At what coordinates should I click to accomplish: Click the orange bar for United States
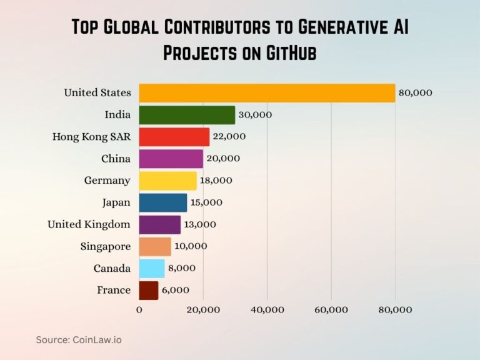point(267,93)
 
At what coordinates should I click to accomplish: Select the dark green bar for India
point(187,115)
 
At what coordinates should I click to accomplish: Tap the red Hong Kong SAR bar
point(174,137)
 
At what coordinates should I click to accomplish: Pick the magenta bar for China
point(171,159)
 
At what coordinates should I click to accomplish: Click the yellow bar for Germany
point(167,181)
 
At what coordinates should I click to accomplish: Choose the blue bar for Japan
point(162,202)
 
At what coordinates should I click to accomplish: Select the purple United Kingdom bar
point(159,224)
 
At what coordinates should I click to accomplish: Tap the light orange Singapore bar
point(154,246)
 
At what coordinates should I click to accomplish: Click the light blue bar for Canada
point(151,268)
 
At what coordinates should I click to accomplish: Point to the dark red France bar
point(148,290)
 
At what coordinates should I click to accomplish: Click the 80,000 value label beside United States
point(415,93)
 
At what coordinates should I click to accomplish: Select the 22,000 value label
point(229,137)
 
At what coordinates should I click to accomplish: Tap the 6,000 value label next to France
point(175,290)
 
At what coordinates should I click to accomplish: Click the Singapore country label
point(106,246)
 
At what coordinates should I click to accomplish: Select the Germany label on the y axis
point(107,181)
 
